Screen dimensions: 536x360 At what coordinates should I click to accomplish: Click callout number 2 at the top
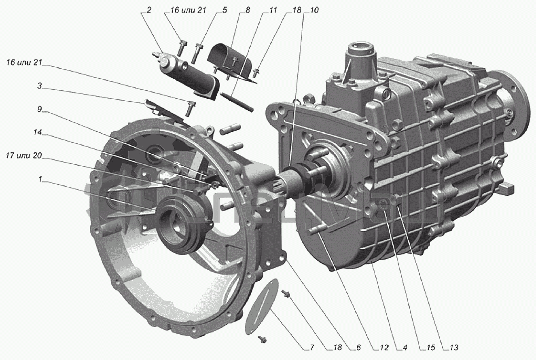149,11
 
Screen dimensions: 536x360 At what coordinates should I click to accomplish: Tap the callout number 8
248,11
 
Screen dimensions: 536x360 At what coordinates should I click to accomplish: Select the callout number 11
273,11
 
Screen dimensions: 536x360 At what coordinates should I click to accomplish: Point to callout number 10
314,11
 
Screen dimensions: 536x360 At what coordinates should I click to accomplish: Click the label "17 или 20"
24,156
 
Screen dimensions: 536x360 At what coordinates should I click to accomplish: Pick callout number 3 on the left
40,86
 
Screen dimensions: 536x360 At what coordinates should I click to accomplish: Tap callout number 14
38,133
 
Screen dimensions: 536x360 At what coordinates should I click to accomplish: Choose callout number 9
40,110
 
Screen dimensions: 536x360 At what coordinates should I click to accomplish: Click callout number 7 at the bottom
311,347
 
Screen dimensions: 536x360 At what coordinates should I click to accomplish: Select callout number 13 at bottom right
454,347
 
